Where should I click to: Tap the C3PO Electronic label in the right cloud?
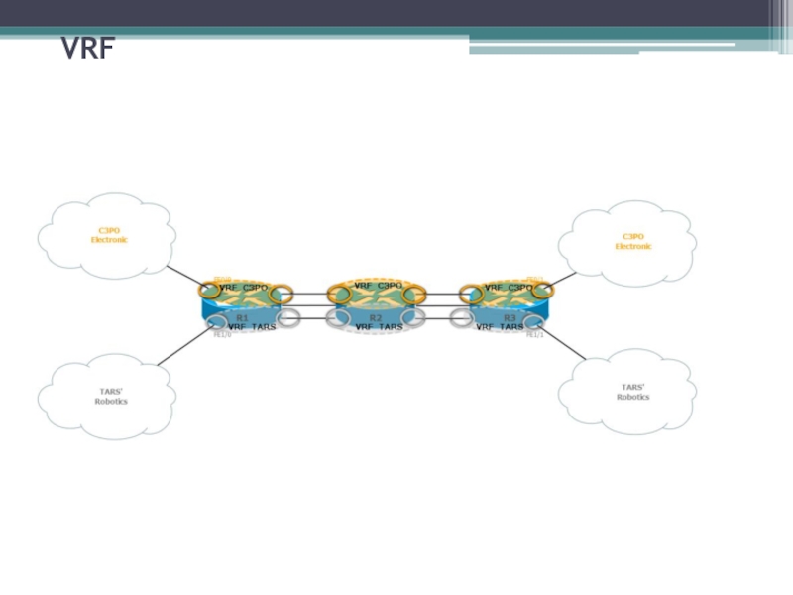click(633, 241)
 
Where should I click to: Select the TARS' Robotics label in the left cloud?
click(111, 396)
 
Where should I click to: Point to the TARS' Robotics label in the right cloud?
click(632, 392)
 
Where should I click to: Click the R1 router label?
click(242, 317)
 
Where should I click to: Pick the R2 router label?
click(376, 317)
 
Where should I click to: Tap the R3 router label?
click(510, 317)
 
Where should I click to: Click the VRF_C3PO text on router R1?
click(244, 288)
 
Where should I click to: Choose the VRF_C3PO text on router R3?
click(509, 288)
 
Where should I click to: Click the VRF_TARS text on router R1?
click(252, 326)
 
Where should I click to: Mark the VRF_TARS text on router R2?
click(380, 326)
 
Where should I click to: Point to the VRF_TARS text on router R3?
click(500, 326)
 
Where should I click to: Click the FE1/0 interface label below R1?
click(222, 335)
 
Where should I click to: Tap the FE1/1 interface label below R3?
click(534, 335)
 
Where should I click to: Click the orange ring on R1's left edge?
click(209, 291)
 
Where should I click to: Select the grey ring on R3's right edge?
click(535, 320)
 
